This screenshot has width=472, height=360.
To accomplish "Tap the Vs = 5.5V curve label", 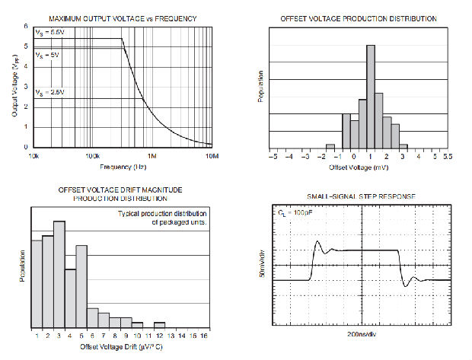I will pyautogui.click(x=50, y=33).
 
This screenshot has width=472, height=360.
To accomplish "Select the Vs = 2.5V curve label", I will pyautogui.click(x=50, y=91).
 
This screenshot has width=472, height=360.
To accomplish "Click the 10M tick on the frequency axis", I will pyautogui.click(x=213, y=155).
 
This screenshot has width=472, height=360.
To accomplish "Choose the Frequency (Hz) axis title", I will pyautogui.click(x=123, y=166).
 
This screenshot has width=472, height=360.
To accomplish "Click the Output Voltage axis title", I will pyautogui.click(x=14, y=88).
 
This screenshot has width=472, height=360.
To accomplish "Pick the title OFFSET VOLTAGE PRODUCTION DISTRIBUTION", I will pyautogui.click(x=358, y=18).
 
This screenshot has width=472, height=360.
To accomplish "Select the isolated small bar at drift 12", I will pyautogui.click(x=159, y=323).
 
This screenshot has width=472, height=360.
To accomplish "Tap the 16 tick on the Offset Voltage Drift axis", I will pyautogui.click(x=204, y=336).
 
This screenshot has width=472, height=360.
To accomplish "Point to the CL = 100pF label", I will pyautogui.click(x=294, y=215).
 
